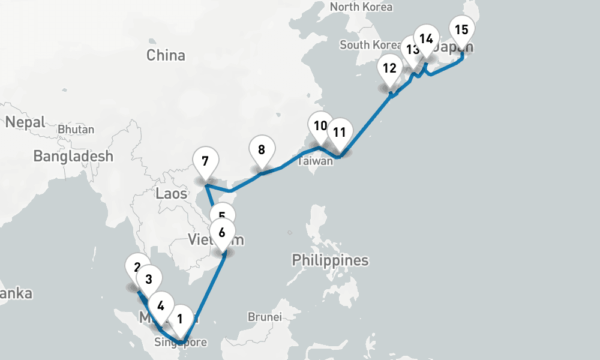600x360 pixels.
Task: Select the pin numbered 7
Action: point(206,161)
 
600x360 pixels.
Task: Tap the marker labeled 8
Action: point(262,149)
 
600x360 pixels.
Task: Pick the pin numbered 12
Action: point(390,68)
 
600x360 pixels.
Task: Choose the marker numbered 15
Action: point(461,29)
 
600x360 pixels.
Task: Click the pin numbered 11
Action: point(340,132)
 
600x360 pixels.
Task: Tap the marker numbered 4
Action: point(161,305)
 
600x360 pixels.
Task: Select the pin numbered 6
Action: point(222,233)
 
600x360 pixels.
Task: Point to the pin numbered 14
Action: point(426,39)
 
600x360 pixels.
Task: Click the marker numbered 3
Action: point(149,279)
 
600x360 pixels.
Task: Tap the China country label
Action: point(166,56)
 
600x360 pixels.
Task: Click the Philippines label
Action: point(330,260)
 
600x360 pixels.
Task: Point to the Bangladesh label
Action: point(73,157)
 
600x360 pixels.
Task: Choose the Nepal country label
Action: point(25,122)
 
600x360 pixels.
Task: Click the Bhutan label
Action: point(76,130)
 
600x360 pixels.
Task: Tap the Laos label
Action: point(171,193)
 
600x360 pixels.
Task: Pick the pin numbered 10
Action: point(320,125)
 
